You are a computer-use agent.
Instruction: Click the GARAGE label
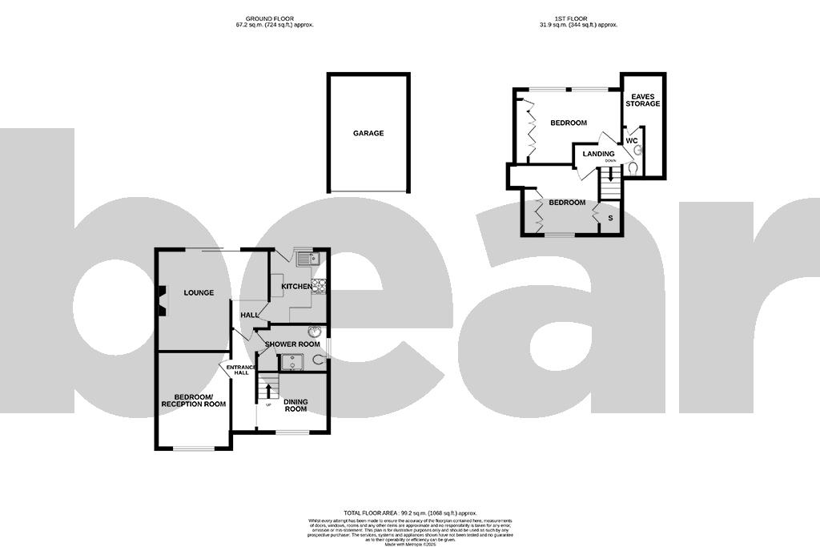[x=368, y=134]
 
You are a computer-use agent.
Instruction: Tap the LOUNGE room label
[x=199, y=293]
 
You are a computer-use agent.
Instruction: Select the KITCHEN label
[x=295, y=287]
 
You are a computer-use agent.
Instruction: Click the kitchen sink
[x=307, y=258]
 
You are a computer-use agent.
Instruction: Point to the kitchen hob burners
[x=320, y=286]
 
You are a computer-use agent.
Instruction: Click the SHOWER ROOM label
[x=292, y=344]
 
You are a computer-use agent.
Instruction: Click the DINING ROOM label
[x=295, y=405]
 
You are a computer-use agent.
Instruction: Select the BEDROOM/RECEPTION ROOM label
[x=193, y=400]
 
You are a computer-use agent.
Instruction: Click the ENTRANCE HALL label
[x=239, y=370]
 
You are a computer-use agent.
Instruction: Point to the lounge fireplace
[x=163, y=303]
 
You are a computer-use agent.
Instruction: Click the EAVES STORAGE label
[x=643, y=100]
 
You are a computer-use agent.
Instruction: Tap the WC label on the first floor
[x=632, y=141]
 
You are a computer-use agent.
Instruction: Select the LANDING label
[x=598, y=154]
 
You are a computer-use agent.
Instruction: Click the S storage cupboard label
[x=611, y=218]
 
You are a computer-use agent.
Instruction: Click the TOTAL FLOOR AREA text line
[x=410, y=513]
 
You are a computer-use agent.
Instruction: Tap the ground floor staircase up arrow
[x=267, y=392]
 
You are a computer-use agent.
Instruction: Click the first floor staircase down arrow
[x=611, y=174]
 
